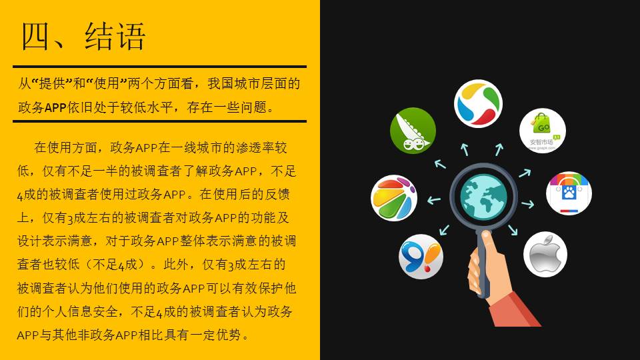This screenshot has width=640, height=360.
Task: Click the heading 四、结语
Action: [x=83, y=36]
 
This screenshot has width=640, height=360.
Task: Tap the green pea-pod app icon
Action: [x=413, y=130]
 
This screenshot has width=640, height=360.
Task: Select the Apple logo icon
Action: [x=545, y=254]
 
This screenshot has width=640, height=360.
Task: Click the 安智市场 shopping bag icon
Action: [x=543, y=131]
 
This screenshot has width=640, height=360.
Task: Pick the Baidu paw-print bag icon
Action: [x=569, y=193]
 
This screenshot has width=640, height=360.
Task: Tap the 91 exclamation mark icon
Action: [x=421, y=256]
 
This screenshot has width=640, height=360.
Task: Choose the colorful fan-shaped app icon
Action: [x=394, y=198]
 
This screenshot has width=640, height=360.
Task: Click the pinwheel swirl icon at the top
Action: [x=478, y=104]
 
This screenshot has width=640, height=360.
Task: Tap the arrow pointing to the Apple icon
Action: [x=513, y=230]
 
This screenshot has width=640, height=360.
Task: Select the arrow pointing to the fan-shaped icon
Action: [x=434, y=200]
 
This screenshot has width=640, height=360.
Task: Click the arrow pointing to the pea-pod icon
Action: [x=440, y=164]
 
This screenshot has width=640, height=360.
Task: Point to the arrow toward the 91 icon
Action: [x=444, y=230]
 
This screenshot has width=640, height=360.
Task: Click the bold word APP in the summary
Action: [x=55, y=107]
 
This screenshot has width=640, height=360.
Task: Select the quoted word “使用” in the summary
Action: [x=106, y=84]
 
